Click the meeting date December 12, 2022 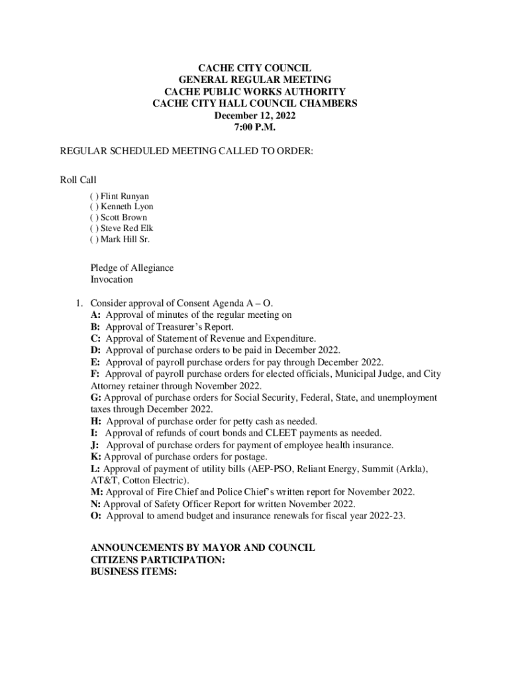254,115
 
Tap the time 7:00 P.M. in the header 254,127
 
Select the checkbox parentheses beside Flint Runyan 94,196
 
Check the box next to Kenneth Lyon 94,207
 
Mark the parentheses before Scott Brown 94,217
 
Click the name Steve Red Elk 127,228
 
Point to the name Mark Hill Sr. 125,239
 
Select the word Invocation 112,279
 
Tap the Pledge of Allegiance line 132,268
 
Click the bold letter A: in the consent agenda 96,315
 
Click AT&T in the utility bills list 105,480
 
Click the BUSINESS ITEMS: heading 133,572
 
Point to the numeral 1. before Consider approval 78,304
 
